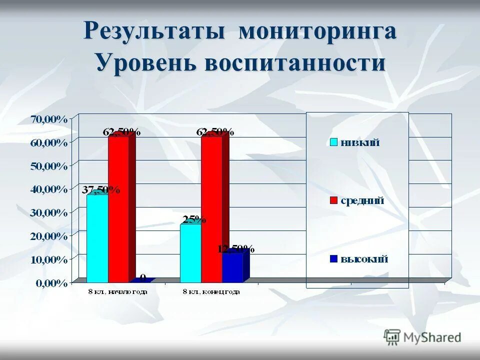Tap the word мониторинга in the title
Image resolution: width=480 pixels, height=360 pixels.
[317, 31]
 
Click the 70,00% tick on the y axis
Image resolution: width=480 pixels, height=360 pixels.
[49, 119]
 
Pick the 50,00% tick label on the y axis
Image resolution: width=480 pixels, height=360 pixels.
[49, 166]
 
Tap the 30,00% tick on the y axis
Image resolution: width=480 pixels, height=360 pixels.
[49, 212]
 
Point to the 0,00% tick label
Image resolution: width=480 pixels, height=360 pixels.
[51, 283]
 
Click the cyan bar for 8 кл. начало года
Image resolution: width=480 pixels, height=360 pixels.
[97, 238]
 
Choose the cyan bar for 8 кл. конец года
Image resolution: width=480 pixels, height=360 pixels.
[190, 253]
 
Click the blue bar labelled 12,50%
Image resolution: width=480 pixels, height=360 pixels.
[232, 268]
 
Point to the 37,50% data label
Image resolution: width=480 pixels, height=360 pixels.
[101, 190]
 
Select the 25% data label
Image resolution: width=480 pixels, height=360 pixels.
[194, 219]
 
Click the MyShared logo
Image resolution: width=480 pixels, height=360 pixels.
[423, 337]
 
